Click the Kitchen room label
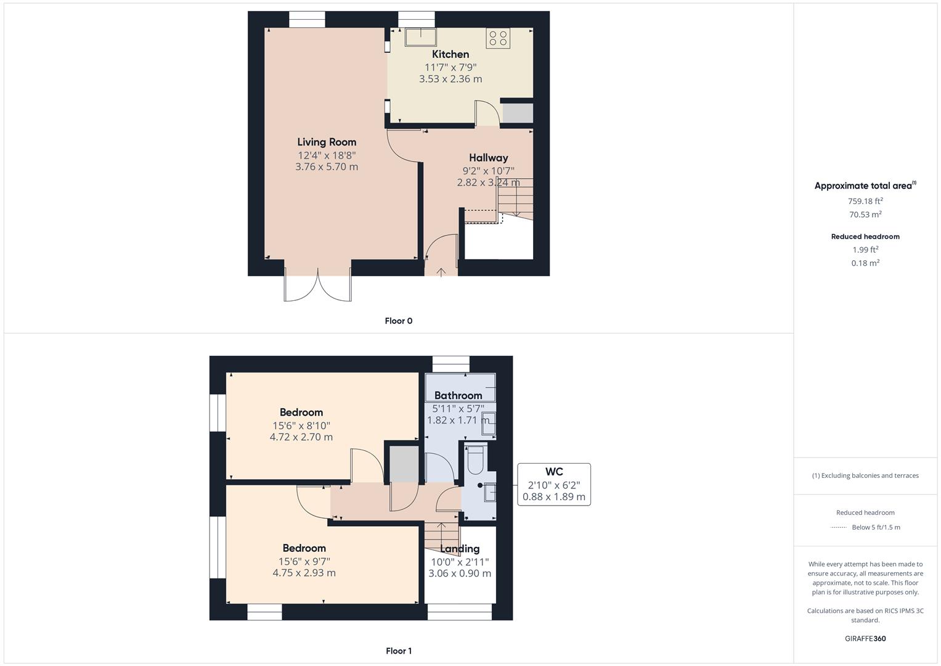click(450, 54)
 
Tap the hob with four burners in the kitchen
click(497, 38)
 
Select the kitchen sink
click(420, 37)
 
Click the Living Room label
click(327, 142)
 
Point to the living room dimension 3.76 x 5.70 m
click(327, 167)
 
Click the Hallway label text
click(489, 158)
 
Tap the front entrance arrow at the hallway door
click(441, 271)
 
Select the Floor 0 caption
click(399, 321)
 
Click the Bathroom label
click(458, 396)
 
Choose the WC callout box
click(554, 484)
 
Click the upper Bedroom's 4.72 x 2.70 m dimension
click(301, 437)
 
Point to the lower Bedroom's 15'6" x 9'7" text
click(304, 561)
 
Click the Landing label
click(460, 549)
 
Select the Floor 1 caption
click(399, 651)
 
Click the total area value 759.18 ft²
click(865, 201)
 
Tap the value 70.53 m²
click(865, 215)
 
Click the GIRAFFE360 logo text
click(865, 638)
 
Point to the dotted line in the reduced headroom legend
click(839, 527)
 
